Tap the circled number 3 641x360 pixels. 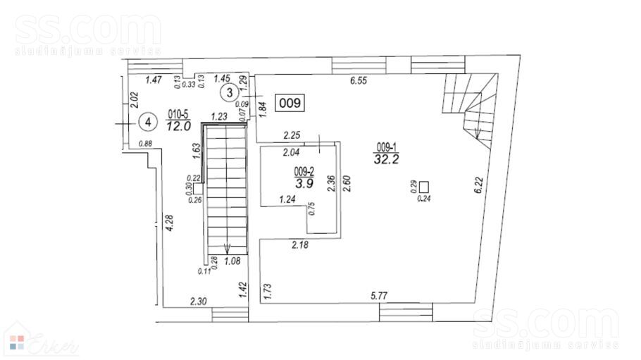229,92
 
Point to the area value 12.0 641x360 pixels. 178,126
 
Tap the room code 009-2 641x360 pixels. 304,171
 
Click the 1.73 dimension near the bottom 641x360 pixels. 268,291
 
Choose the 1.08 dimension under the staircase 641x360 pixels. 232,261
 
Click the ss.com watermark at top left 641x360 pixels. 88,32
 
